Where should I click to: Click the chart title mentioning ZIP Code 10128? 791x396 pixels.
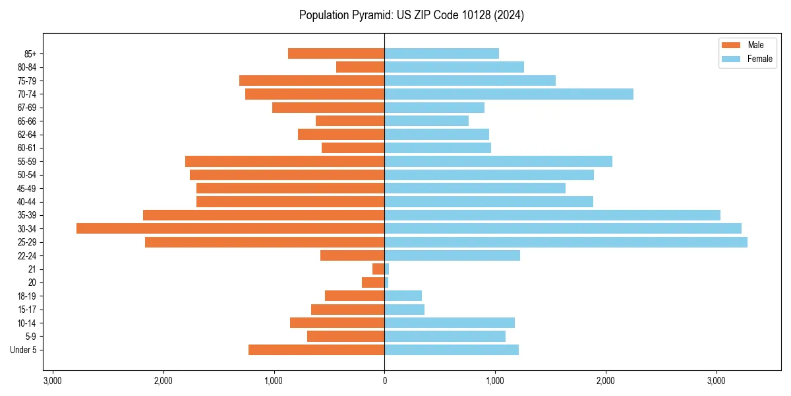coord(411,15)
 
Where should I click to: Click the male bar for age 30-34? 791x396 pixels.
coord(230,228)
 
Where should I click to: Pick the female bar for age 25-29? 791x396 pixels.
coord(566,242)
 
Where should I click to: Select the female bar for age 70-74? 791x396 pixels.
coord(508,94)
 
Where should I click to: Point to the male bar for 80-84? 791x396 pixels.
coord(360,67)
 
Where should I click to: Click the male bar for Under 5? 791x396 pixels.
coord(316,350)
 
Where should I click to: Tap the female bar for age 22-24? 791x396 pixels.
coord(452,255)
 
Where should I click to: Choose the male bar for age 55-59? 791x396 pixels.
coord(285,162)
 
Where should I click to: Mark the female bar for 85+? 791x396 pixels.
coord(442,53)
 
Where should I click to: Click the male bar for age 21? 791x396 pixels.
coord(378,269)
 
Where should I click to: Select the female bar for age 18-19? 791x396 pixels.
coord(403,296)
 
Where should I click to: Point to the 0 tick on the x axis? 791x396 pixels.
coord(384,381)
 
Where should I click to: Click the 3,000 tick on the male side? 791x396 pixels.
coord(53,381)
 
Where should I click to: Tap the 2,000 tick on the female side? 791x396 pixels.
coord(606,381)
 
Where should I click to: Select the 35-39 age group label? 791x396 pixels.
coord(26,215)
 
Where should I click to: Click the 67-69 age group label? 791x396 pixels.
coord(26,108)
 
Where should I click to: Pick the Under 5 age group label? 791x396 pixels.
coord(23,350)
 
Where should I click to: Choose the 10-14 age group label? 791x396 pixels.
coord(26,323)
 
